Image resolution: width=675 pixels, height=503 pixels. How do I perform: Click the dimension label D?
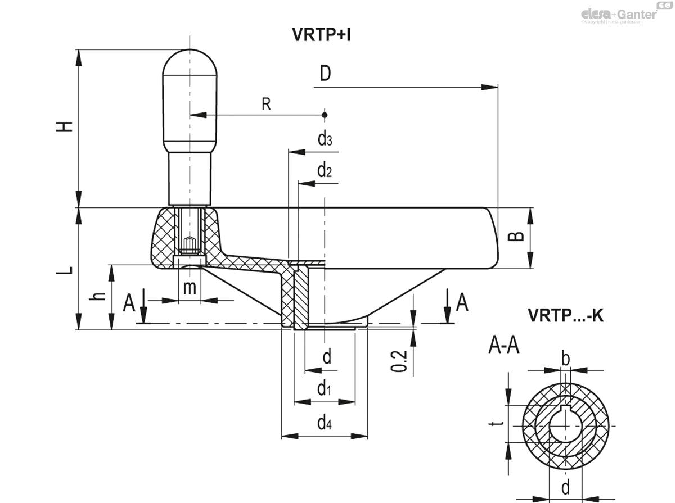pyautogui.click(x=325, y=74)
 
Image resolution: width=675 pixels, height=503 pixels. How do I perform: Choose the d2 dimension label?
pyautogui.click(x=325, y=171)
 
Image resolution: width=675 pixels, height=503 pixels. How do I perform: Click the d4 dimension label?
pyautogui.click(x=323, y=423)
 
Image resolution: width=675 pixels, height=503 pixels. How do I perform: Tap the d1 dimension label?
pyautogui.click(x=323, y=388)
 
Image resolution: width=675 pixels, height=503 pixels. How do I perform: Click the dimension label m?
pyautogui.click(x=190, y=287)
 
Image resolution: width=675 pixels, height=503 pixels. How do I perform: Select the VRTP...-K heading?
pyautogui.click(x=565, y=316)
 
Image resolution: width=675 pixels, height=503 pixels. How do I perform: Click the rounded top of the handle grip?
pyautogui.click(x=190, y=59)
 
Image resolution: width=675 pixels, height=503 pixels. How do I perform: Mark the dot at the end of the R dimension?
pyautogui.click(x=325, y=115)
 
